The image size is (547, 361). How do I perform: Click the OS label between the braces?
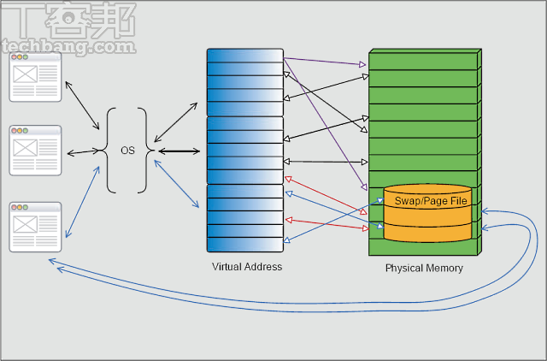(127, 151)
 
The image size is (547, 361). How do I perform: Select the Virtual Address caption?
(247, 268)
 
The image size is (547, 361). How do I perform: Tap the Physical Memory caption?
(424, 269)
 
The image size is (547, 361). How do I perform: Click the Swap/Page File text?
(430, 200)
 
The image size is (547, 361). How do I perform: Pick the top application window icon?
(35, 78)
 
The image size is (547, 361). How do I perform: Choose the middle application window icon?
(35, 151)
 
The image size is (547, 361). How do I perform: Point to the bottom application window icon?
(35, 227)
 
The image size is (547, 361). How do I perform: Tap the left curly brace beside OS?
(109, 151)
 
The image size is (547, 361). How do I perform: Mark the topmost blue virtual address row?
(244, 56)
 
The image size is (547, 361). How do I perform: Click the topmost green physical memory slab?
(423, 62)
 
